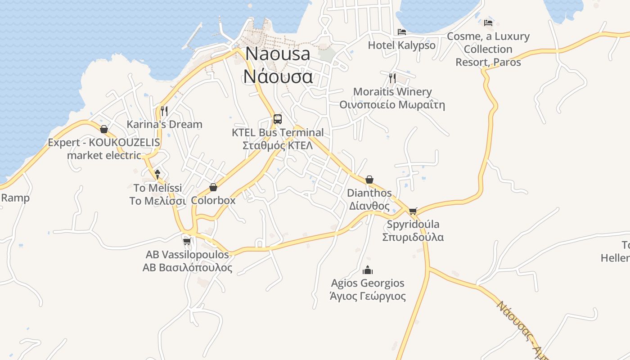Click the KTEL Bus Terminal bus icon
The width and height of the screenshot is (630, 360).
pyautogui.click(x=278, y=119)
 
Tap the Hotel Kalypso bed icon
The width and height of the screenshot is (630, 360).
pyautogui.click(x=402, y=32)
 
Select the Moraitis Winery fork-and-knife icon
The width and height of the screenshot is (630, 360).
pyautogui.click(x=392, y=78)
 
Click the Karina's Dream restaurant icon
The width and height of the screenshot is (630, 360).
pyautogui.click(x=164, y=110)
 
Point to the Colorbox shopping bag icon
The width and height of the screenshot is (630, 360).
pyautogui.click(x=213, y=187)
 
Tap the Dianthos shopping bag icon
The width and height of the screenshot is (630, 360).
pyautogui.click(x=369, y=180)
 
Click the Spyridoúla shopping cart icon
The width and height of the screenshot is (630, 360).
pyautogui.click(x=413, y=211)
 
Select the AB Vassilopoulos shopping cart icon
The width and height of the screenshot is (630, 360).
pyautogui.click(x=187, y=241)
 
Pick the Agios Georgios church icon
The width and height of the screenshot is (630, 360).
pyautogui.click(x=368, y=270)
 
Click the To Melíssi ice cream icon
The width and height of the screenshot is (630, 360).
pyautogui.click(x=157, y=174)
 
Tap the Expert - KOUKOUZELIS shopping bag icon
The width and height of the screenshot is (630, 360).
pyautogui.click(x=104, y=130)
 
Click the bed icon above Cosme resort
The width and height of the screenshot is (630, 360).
pyautogui.click(x=488, y=22)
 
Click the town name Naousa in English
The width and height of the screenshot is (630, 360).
pyautogui.click(x=278, y=54)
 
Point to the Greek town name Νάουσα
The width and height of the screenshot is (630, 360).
pyautogui.click(x=278, y=76)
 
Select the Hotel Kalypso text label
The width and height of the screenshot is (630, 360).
pyautogui.click(x=402, y=45)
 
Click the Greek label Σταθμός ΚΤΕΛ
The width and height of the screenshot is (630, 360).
pyautogui.click(x=278, y=145)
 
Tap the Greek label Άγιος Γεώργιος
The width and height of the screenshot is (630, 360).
pyautogui.click(x=368, y=296)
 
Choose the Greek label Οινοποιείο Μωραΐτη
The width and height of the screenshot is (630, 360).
pyautogui.click(x=392, y=105)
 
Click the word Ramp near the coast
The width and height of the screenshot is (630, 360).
pyautogui.click(x=15, y=198)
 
